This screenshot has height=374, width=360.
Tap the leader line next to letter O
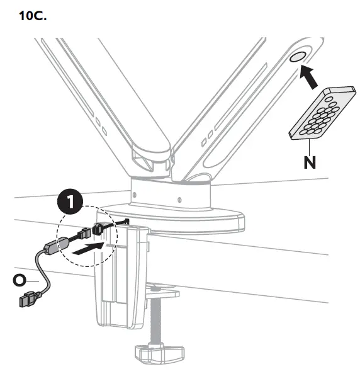point(35,275)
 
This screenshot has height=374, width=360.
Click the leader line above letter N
point(309,145)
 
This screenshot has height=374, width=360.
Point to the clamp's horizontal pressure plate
point(162,292)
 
